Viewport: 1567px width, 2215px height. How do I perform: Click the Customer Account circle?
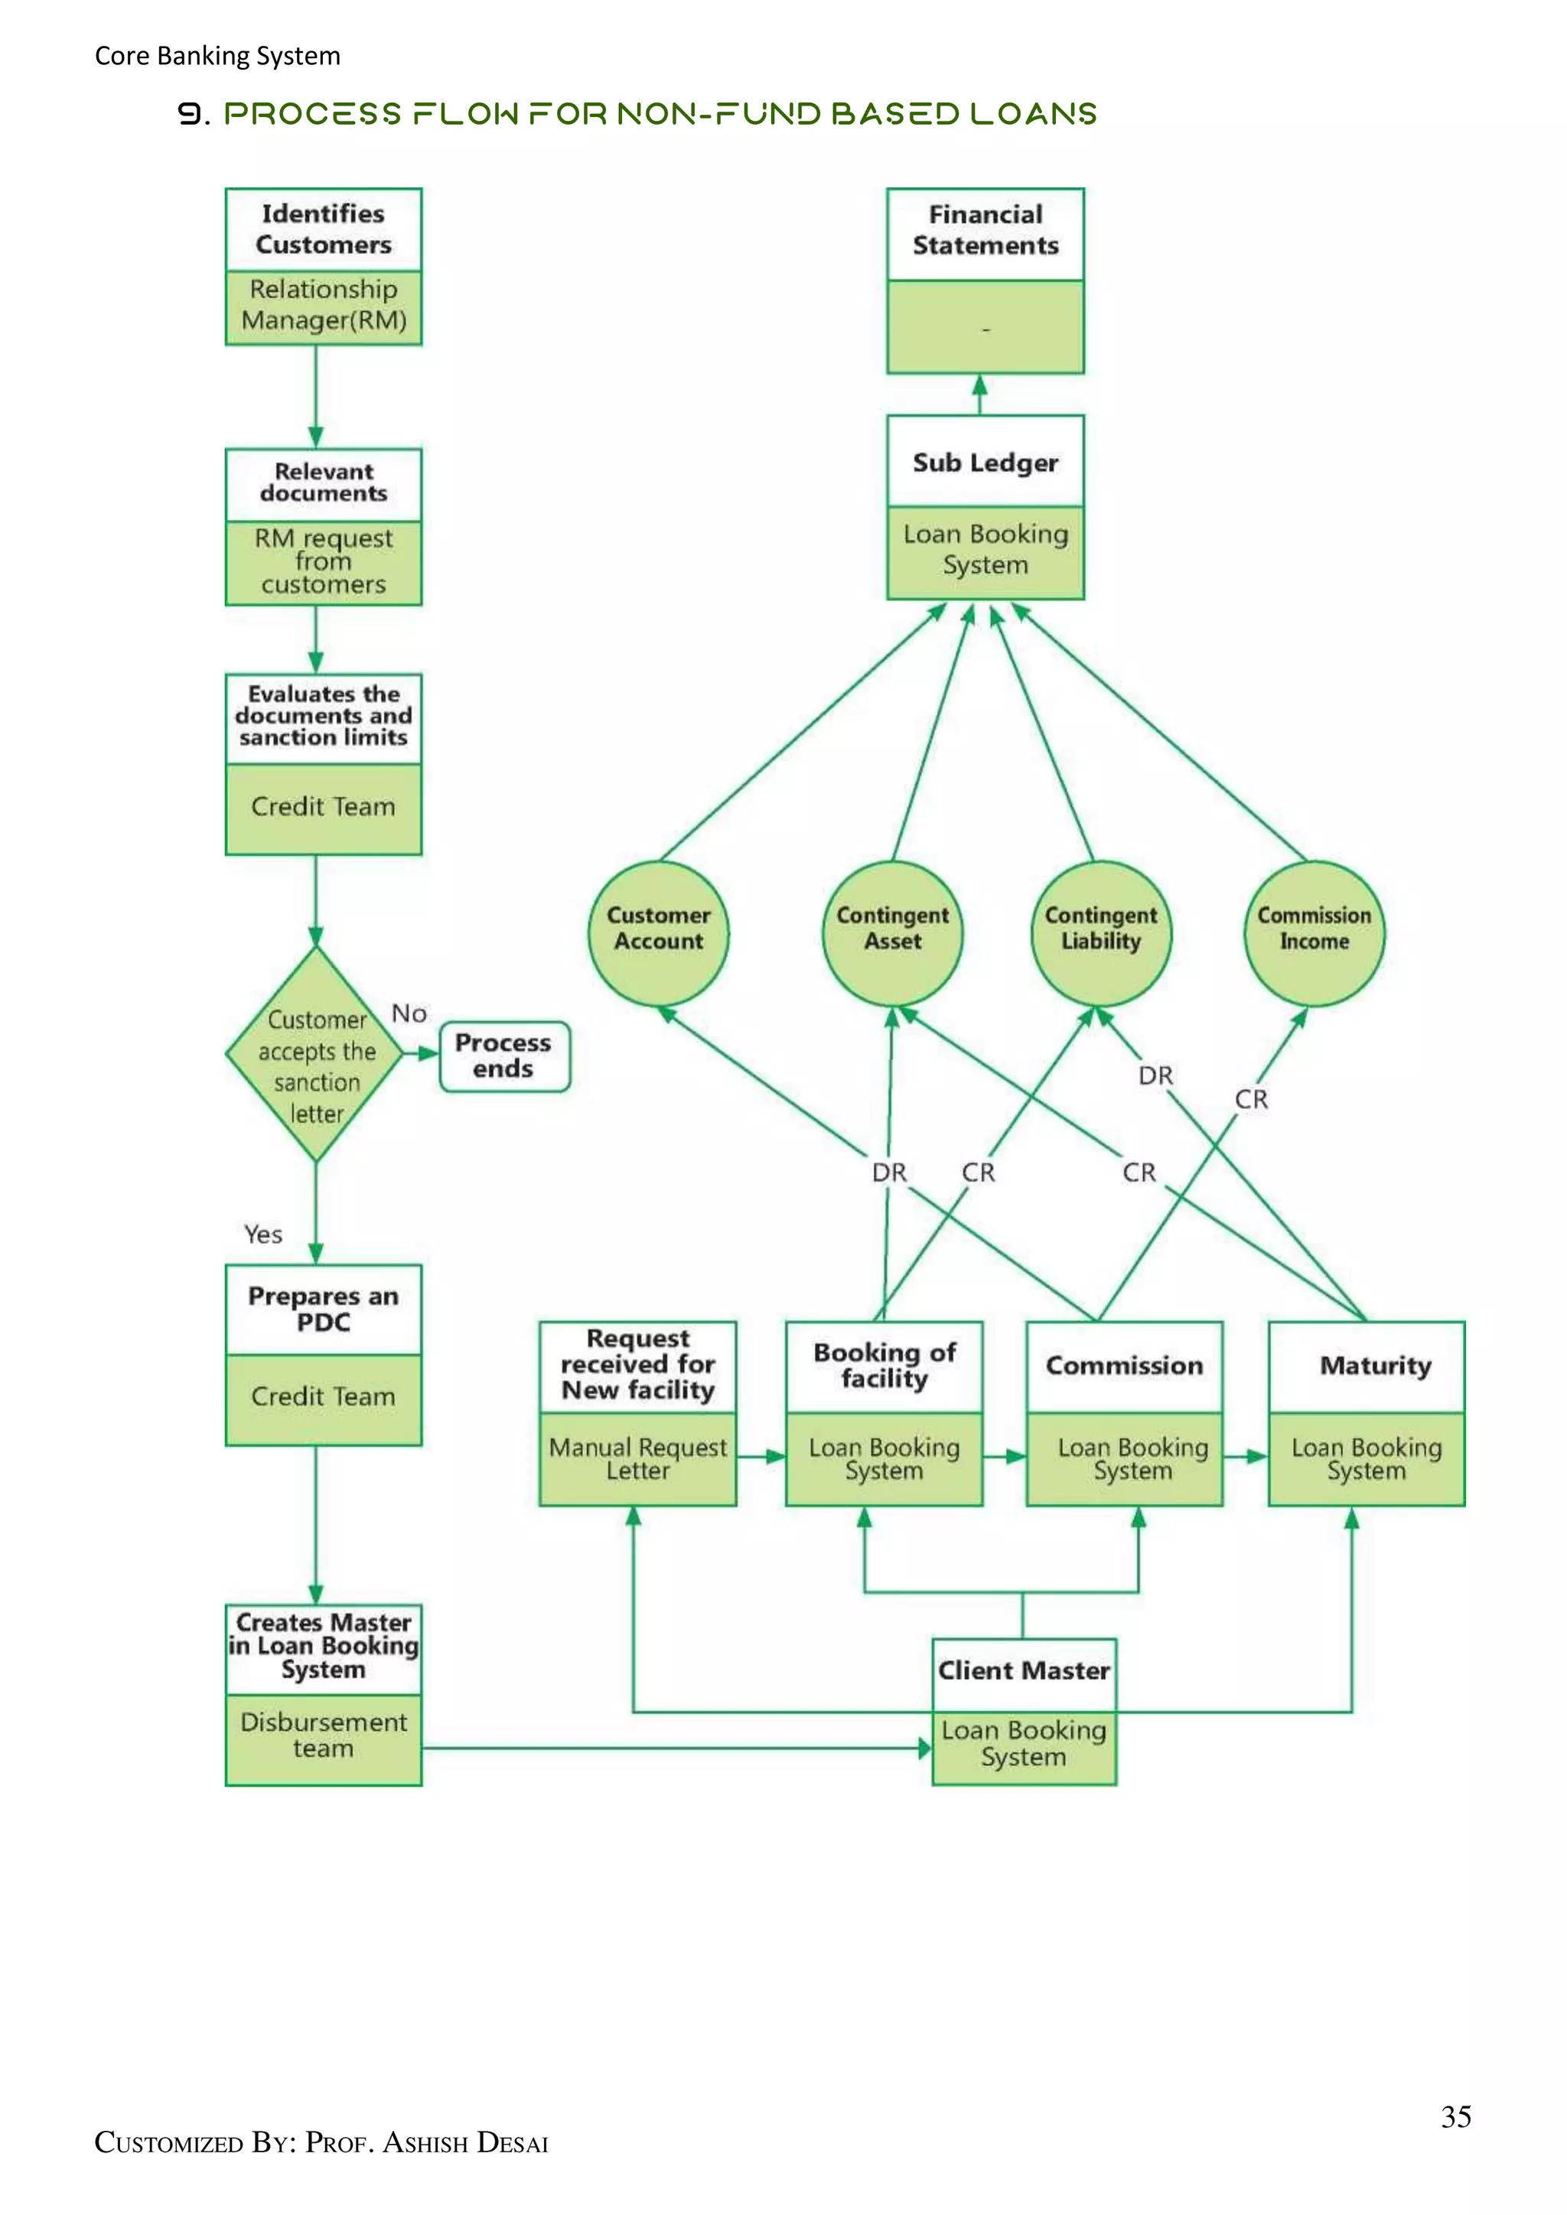(x=659, y=932)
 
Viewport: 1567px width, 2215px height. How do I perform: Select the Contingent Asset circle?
(x=893, y=932)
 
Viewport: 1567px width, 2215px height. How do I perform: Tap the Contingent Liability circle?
(x=1101, y=932)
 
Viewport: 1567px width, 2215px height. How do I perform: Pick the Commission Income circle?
(x=1315, y=932)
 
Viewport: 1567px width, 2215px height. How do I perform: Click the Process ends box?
(x=503, y=1056)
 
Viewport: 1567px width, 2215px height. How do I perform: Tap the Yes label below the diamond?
(x=262, y=1234)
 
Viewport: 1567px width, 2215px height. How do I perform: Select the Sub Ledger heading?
(x=985, y=463)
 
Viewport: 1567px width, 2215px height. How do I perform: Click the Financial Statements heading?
(x=985, y=230)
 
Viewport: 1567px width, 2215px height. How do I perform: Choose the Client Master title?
(x=1024, y=1671)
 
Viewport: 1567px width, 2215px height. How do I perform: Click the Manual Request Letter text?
(x=638, y=1459)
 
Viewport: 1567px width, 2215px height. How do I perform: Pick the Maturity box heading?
(x=1375, y=1366)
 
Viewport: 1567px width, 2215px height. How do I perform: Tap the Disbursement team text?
(x=323, y=1735)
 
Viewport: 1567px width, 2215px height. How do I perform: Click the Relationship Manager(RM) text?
(x=323, y=305)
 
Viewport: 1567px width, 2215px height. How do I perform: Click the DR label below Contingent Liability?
(x=1155, y=1075)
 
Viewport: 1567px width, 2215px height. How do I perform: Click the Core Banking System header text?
(x=217, y=56)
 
